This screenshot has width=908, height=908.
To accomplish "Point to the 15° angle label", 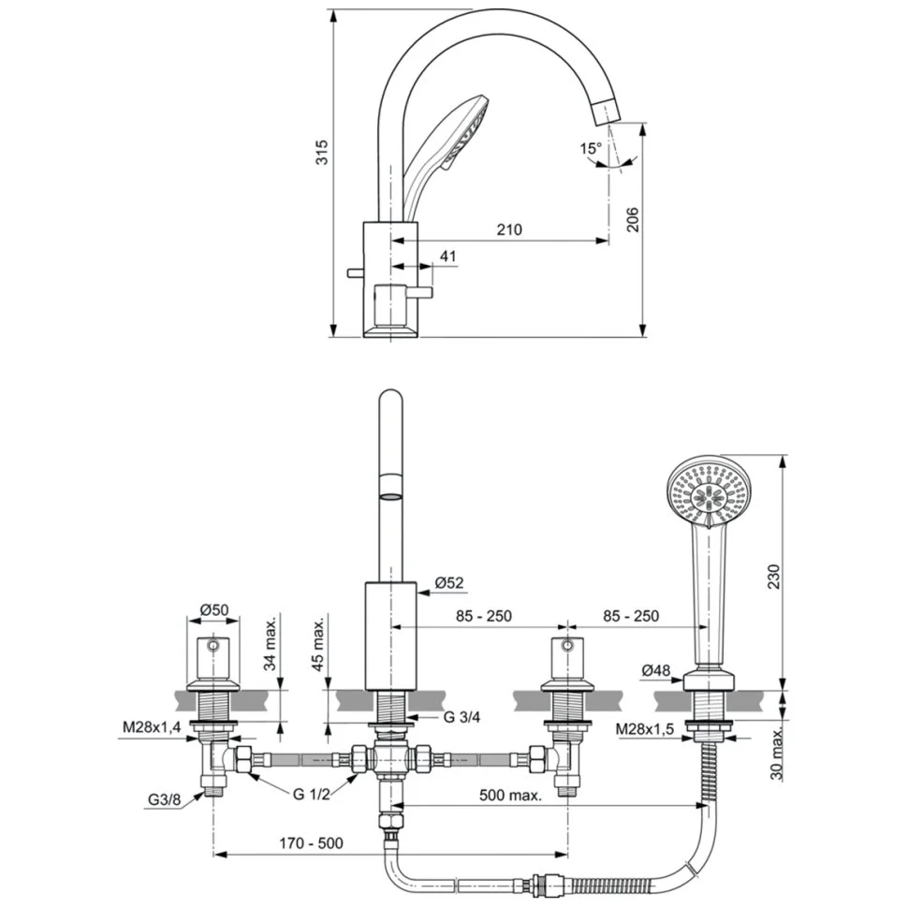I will click(590, 149).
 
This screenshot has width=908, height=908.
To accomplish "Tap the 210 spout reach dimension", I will click(510, 229).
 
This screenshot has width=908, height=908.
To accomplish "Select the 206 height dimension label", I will click(633, 220).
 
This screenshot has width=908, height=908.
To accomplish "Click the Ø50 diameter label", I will click(214, 611).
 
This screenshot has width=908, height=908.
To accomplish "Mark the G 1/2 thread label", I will click(311, 794).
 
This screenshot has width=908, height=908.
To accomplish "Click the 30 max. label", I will click(774, 751).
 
